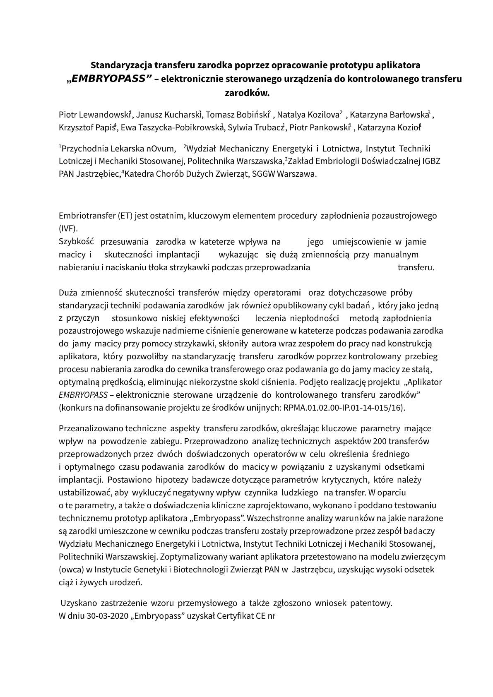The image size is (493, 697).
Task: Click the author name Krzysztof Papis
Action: coord(87,127)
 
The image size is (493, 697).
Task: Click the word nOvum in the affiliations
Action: coord(161,149)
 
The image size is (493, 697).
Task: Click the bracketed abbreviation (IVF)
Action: coord(68,228)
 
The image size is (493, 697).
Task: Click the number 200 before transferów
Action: coord(380,441)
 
